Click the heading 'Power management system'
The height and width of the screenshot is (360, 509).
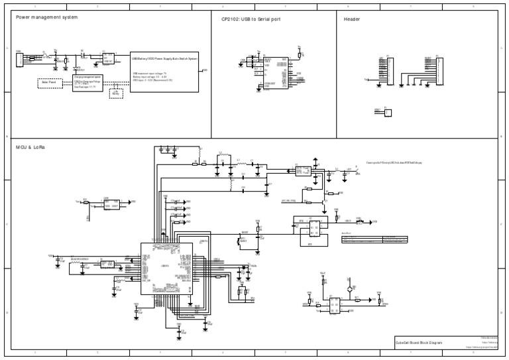(46, 19)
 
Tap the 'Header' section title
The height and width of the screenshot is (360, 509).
(352, 19)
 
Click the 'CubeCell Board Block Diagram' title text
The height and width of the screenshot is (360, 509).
(418, 342)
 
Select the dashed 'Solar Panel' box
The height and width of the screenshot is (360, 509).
(50, 83)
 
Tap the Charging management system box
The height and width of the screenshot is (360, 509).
(87, 83)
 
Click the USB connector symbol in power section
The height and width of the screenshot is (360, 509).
(19, 59)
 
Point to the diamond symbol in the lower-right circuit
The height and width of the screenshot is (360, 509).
(349, 290)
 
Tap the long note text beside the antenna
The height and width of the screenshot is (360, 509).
(394, 162)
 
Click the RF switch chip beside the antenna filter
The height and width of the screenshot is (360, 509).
(303, 170)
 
